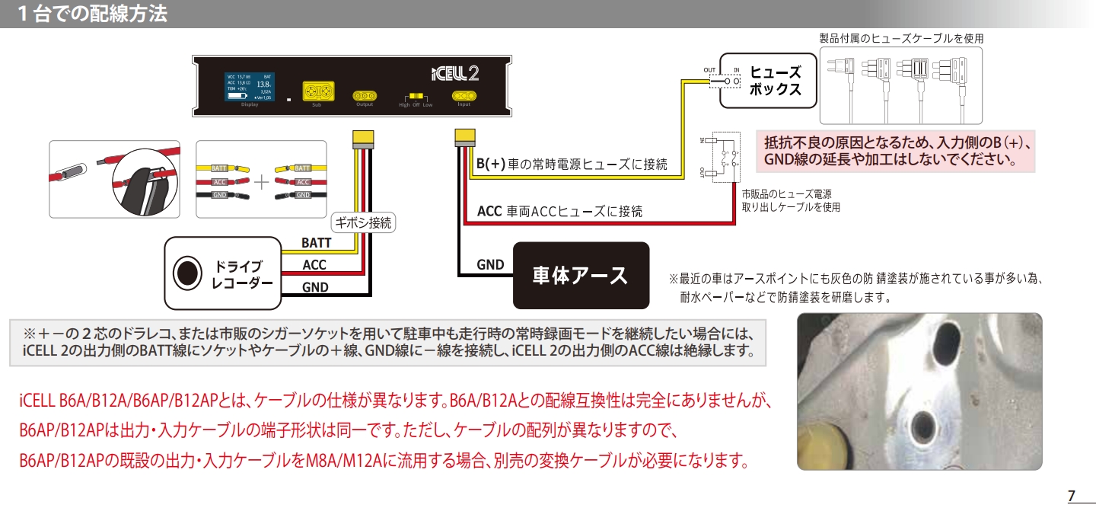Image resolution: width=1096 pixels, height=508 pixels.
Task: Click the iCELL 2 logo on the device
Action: point(455,72)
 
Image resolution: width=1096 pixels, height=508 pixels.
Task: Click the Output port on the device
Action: point(364,96)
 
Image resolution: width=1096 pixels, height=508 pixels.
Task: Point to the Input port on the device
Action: point(464,96)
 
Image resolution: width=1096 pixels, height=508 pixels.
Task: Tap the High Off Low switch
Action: point(416,97)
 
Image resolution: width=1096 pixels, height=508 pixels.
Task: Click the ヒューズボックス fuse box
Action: point(769,81)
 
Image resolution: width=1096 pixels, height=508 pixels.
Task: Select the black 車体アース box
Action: point(581,275)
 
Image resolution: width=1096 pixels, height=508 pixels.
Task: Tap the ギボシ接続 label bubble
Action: point(365,223)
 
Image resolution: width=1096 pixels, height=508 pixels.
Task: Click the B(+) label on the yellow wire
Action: point(491,164)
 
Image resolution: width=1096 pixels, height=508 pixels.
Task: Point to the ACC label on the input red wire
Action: point(489,211)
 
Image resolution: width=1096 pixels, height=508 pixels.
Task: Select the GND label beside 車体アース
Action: point(490,265)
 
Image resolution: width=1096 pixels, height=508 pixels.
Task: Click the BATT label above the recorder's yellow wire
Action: point(316,243)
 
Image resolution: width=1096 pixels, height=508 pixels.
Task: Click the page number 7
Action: point(1071,496)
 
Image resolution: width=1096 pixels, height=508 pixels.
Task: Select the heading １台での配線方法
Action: point(92,14)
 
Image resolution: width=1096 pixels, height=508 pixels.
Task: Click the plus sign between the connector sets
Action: point(261,182)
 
